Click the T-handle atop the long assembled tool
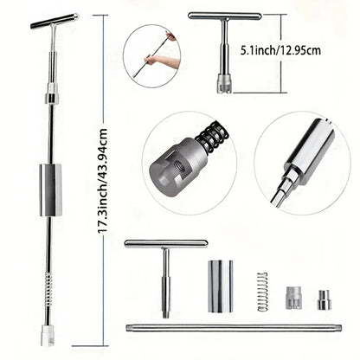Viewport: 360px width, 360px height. point(53,21)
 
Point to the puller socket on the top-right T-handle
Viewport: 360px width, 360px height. point(224,83)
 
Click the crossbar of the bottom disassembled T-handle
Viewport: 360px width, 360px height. point(165,244)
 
